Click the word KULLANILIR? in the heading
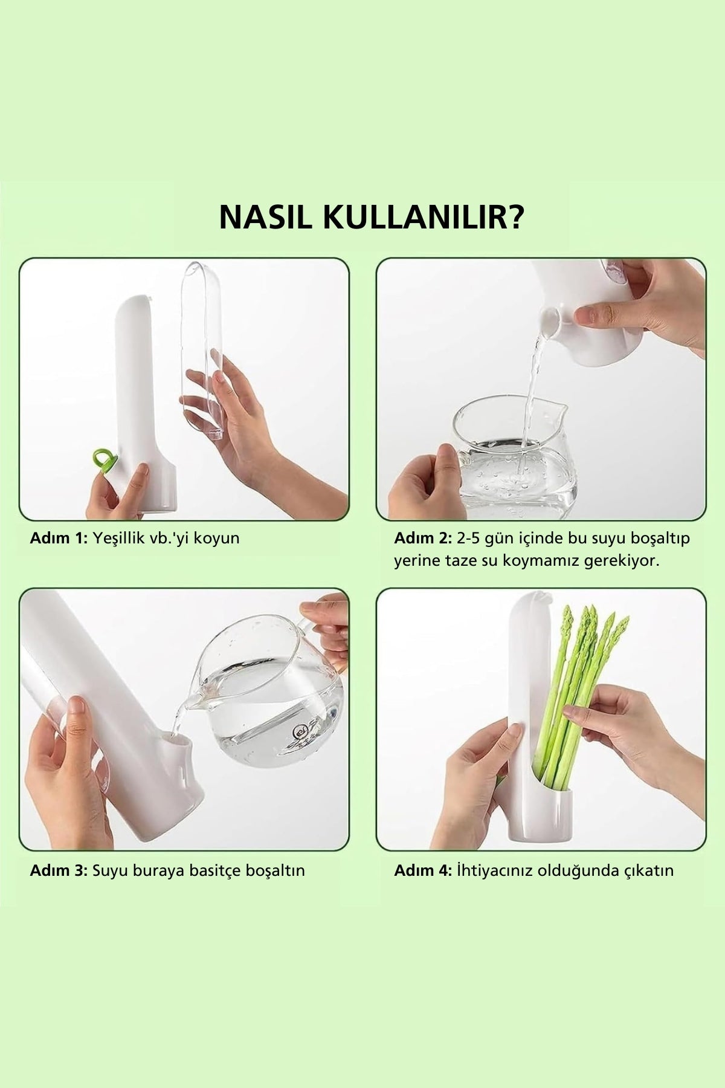(x=424, y=217)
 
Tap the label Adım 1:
(x=59, y=537)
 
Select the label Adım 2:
(x=423, y=537)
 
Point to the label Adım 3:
(x=59, y=870)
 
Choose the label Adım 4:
(x=423, y=870)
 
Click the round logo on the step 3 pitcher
(x=300, y=733)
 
